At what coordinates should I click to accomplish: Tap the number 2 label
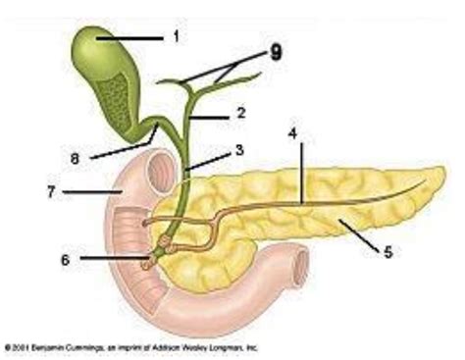240,113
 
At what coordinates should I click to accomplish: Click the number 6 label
66,259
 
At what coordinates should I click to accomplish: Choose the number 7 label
50,190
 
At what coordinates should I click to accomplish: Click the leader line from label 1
137,38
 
